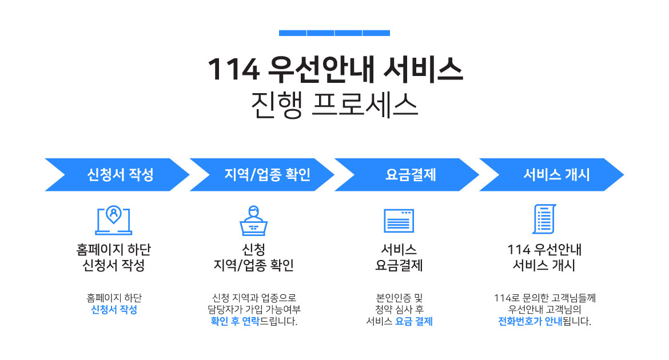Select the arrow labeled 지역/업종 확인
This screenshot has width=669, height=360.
point(262,174)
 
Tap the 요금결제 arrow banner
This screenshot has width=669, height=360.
point(407,174)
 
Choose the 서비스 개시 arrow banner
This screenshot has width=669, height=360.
point(551,174)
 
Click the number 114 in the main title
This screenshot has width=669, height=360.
point(234,70)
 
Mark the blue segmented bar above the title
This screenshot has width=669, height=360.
point(334,33)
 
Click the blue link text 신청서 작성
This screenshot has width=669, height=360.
point(114,310)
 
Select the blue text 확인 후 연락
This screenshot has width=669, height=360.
point(234,321)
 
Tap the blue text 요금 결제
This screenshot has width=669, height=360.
point(414,321)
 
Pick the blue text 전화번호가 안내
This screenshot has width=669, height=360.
point(530,321)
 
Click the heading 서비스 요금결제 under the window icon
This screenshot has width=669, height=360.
point(399,257)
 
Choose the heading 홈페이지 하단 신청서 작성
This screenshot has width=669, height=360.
point(113,257)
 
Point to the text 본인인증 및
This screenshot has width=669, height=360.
point(399,298)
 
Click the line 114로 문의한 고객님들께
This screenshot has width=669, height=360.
point(544,298)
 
